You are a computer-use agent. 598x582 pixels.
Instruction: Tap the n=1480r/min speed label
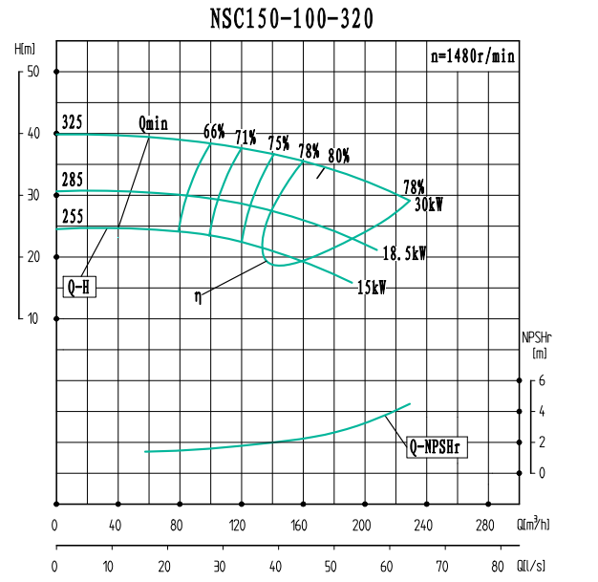(473, 56)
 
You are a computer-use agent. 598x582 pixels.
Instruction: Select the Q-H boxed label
(78, 286)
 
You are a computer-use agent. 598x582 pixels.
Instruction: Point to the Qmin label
(153, 123)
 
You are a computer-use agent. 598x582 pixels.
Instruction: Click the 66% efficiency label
(214, 131)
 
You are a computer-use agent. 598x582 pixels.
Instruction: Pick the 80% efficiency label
(338, 156)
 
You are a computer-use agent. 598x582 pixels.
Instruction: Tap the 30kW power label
(428, 204)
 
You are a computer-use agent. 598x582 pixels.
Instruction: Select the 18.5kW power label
(404, 254)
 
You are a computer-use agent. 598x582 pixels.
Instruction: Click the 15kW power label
(371, 287)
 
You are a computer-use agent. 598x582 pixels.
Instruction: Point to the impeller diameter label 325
(72, 123)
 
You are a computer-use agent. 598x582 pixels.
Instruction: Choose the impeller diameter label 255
(72, 217)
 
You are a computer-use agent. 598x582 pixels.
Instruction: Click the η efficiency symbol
(198, 296)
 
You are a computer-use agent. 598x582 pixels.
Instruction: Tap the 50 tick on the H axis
(32, 72)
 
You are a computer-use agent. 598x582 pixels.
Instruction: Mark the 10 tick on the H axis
(32, 318)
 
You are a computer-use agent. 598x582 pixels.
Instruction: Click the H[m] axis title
(26, 48)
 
